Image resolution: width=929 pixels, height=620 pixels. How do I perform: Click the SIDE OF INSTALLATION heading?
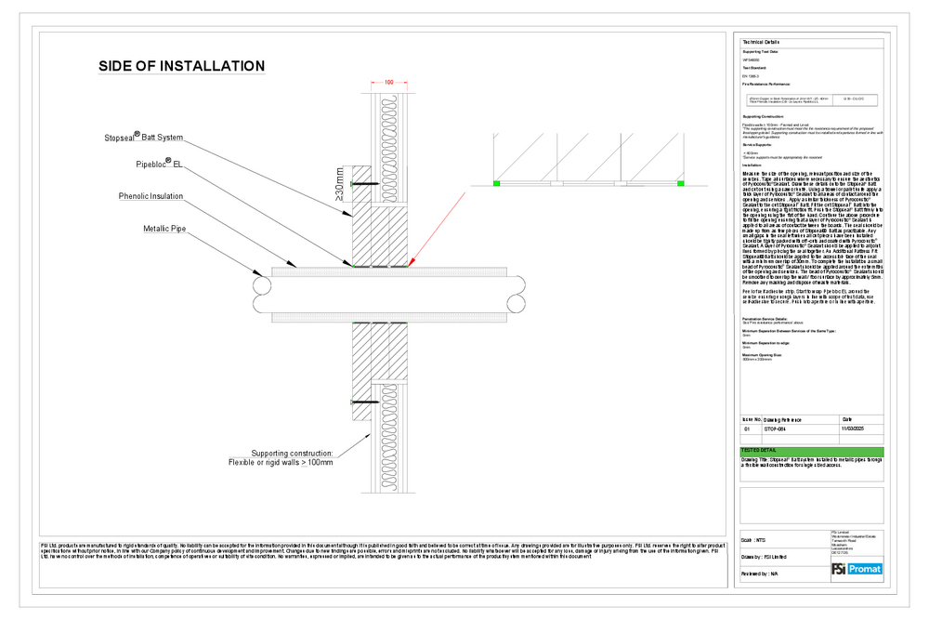pyautogui.click(x=182, y=66)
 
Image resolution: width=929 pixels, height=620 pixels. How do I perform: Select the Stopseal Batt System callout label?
pyautogui.click(x=143, y=137)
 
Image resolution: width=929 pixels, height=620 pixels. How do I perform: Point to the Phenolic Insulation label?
pyautogui.click(x=150, y=196)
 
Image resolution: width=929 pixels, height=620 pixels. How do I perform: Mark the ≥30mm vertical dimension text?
pyautogui.click(x=341, y=185)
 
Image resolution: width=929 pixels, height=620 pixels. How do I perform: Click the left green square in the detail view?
pyautogui.click(x=497, y=184)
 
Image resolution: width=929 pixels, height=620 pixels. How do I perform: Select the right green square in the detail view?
pyautogui.click(x=679, y=184)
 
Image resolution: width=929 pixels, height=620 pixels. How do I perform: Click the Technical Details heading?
pyautogui.click(x=760, y=43)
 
